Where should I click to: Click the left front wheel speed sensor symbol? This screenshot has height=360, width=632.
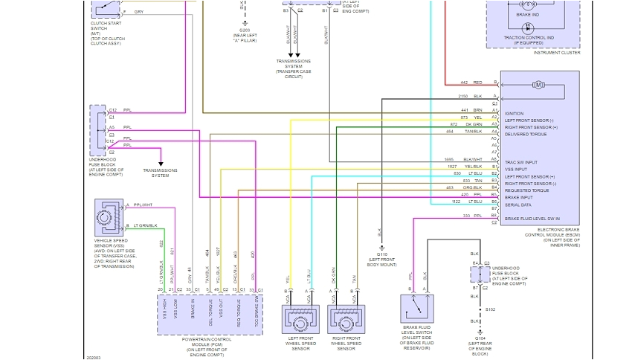click(x=300, y=319)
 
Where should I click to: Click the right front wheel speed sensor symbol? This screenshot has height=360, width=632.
click(x=346, y=319)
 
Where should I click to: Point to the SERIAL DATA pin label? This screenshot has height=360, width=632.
click(x=518, y=204)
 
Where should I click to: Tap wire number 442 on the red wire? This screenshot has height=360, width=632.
click(x=463, y=82)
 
